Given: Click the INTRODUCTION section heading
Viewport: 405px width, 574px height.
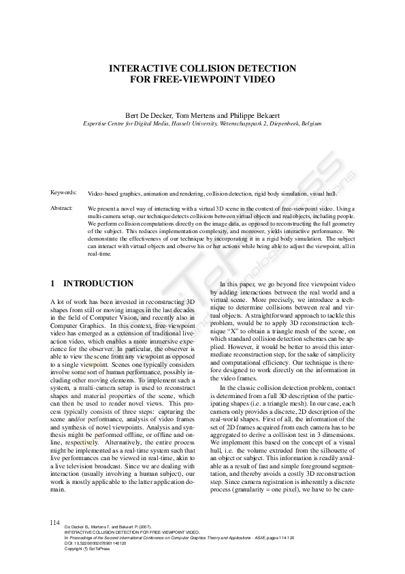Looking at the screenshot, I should coord(98,283).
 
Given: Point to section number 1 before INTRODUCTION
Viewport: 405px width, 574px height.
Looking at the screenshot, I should coord(53,283).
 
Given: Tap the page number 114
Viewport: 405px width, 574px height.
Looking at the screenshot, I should coord(55,522).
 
